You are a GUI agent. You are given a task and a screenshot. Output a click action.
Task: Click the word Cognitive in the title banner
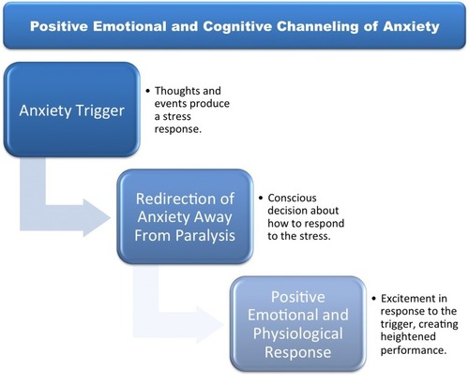(237, 26)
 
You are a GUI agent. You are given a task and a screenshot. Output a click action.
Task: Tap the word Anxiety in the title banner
(411, 26)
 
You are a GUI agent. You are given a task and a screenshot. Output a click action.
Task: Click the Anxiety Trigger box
(71, 110)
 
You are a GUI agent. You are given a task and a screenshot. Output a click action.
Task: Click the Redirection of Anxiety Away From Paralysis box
(185, 216)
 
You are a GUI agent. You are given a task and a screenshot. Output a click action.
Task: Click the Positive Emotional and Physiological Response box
(298, 324)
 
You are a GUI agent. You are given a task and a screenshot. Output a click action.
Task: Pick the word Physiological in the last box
(298, 333)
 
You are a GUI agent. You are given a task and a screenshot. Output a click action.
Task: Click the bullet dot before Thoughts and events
(148, 91)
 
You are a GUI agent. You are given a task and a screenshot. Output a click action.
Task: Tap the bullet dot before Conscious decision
(261, 198)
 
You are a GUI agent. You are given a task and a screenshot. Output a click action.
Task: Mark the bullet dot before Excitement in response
(374, 299)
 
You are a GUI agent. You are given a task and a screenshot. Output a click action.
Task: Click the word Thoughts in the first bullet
(177, 91)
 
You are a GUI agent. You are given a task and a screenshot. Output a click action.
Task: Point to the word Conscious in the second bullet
(292, 198)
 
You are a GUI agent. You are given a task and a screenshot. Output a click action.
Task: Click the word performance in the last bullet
(413, 350)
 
